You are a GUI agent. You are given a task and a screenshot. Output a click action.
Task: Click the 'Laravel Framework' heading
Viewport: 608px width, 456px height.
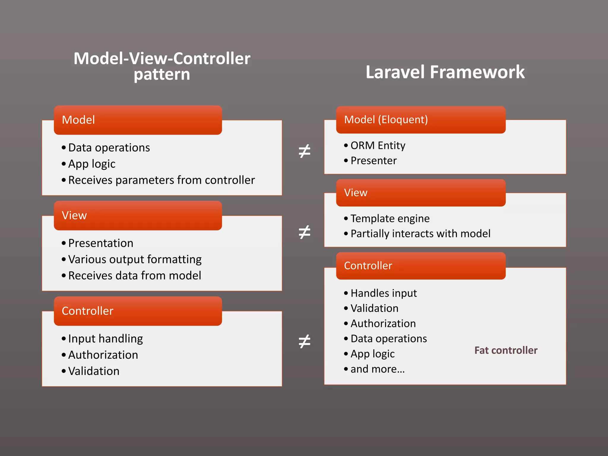point(445,72)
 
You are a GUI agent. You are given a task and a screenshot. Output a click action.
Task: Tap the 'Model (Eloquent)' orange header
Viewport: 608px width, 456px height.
point(420,120)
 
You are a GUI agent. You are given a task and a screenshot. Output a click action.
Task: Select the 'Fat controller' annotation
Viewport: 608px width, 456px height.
point(506,350)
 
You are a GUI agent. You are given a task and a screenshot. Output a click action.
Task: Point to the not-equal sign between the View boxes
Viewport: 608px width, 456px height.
point(304,232)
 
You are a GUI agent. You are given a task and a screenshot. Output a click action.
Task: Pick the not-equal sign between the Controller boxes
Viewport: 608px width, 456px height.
point(304,341)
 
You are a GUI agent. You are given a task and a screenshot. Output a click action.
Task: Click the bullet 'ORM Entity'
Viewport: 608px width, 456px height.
point(378,145)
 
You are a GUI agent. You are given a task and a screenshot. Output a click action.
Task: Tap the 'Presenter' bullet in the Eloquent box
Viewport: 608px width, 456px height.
point(373,161)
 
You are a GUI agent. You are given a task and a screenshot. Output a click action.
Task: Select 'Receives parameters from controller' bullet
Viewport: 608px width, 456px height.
point(161,180)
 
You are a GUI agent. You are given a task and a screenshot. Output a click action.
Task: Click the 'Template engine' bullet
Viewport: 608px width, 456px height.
point(390,218)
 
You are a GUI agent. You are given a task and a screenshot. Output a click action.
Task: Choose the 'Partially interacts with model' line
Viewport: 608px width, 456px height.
point(420,234)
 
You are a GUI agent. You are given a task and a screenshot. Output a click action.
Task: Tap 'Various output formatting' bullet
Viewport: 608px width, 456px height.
point(135,259)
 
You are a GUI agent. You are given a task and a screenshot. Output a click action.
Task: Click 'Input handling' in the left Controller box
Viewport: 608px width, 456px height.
point(105,339)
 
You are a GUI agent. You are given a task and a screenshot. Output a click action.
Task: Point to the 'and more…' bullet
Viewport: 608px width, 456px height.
point(377,369)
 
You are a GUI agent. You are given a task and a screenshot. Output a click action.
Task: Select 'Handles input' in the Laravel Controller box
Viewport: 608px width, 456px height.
point(384,293)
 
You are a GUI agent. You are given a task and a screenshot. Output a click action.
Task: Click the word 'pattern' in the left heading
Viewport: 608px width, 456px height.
point(162,74)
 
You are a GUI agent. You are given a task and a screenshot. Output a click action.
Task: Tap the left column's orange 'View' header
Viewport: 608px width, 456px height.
point(138,216)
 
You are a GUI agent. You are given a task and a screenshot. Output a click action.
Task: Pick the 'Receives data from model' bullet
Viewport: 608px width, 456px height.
point(134,276)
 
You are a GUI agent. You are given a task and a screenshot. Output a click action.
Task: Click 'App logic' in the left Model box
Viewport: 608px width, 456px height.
point(92,164)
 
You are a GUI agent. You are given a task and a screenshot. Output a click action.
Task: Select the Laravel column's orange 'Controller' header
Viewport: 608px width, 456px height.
point(420,266)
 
